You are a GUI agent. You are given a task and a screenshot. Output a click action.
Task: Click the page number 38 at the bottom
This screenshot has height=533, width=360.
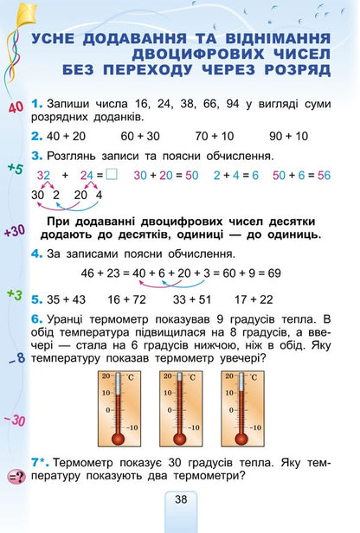point(180,498)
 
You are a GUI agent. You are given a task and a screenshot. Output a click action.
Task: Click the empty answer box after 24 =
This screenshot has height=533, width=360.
point(112,175)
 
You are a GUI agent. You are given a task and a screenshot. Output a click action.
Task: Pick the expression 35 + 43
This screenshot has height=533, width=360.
point(66,299)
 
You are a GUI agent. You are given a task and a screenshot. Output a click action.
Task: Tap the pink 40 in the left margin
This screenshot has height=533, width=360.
point(15,108)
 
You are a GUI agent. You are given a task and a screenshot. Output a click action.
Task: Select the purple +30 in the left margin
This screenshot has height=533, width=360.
point(14,231)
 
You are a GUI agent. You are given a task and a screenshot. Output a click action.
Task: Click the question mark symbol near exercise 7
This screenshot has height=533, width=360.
point(15,475)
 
